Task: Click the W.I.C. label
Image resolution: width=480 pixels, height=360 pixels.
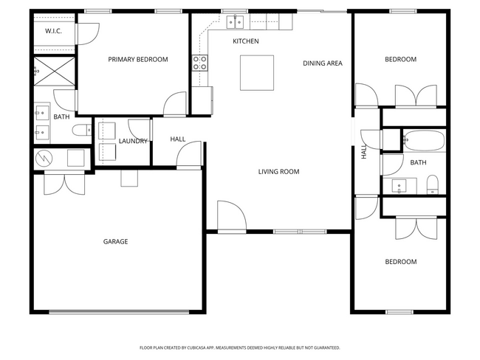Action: pos(53,31)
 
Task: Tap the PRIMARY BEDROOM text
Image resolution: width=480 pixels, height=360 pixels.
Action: pos(138,60)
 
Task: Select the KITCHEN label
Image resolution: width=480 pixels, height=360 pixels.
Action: pos(246,41)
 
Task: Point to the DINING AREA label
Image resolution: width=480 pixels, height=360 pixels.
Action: pos(323,63)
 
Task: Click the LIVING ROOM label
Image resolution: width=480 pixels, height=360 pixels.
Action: pos(278,172)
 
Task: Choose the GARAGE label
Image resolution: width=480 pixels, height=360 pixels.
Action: pos(115,241)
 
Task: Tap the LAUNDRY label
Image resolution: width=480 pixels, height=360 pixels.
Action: pos(134,141)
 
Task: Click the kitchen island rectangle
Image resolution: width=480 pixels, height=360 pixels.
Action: pos(256,72)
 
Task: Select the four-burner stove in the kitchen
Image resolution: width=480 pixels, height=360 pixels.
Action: pos(200,63)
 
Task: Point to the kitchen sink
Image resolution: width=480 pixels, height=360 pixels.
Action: pos(236,21)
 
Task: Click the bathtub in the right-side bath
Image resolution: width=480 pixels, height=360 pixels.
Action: pos(422,140)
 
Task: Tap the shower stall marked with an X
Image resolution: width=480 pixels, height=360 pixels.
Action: pos(55,74)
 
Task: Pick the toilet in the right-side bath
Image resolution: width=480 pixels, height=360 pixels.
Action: pos(433,183)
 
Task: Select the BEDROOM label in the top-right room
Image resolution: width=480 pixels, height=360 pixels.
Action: pos(401,60)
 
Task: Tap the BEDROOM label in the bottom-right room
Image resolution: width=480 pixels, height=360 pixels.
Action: pos(401,262)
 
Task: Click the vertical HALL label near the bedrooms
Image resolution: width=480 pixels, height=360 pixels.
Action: pos(363,153)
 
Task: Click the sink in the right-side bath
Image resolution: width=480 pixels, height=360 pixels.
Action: pos(400,184)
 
